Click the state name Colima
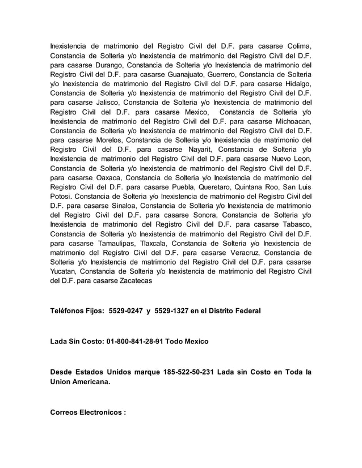[298, 46]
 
